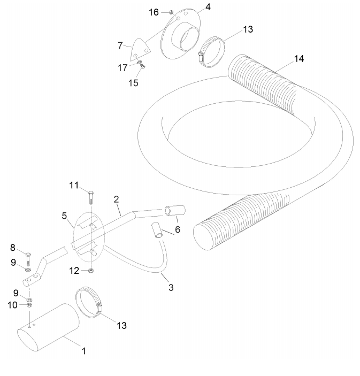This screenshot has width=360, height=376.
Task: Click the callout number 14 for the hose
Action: [299, 59]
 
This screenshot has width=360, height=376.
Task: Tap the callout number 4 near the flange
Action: [208, 7]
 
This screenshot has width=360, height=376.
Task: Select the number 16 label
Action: [154, 12]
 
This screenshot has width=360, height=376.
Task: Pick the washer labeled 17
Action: [140, 63]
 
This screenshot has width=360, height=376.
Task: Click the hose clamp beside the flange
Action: [212, 51]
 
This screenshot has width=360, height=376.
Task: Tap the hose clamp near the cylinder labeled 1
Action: [89, 303]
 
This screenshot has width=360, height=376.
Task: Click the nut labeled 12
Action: [91, 271]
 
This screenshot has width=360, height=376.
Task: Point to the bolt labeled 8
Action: [28, 259]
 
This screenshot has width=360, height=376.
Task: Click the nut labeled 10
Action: [29, 305]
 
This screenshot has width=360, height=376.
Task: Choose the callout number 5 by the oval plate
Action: [64, 216]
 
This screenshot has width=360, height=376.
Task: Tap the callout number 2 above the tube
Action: [116, 199]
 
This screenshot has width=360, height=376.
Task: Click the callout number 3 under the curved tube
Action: [171, 287]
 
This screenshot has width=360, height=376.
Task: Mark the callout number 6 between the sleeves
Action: [178, 229]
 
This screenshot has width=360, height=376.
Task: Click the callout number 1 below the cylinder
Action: [83, 351]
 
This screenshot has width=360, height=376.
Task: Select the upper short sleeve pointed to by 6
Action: [175, 210]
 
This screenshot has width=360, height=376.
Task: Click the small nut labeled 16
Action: [171, 12]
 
